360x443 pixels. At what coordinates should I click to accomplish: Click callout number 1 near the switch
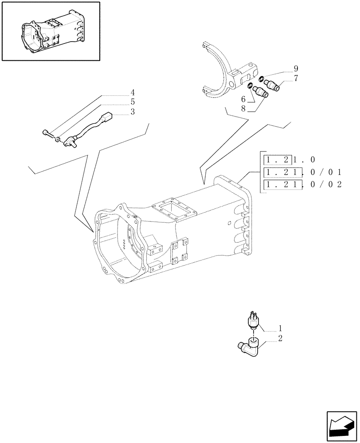pos(280,329)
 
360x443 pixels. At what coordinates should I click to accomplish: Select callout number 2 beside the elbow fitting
pos(280,339)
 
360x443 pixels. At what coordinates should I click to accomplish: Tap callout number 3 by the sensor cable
pos(132,112)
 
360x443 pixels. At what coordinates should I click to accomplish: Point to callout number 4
pos(132,93)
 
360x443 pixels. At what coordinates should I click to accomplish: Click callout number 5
pos(132,102)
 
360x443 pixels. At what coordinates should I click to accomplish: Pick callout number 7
pos(295,78)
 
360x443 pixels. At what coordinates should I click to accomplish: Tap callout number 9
pos(295,69)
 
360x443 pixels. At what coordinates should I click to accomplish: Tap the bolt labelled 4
pos(47,132)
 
